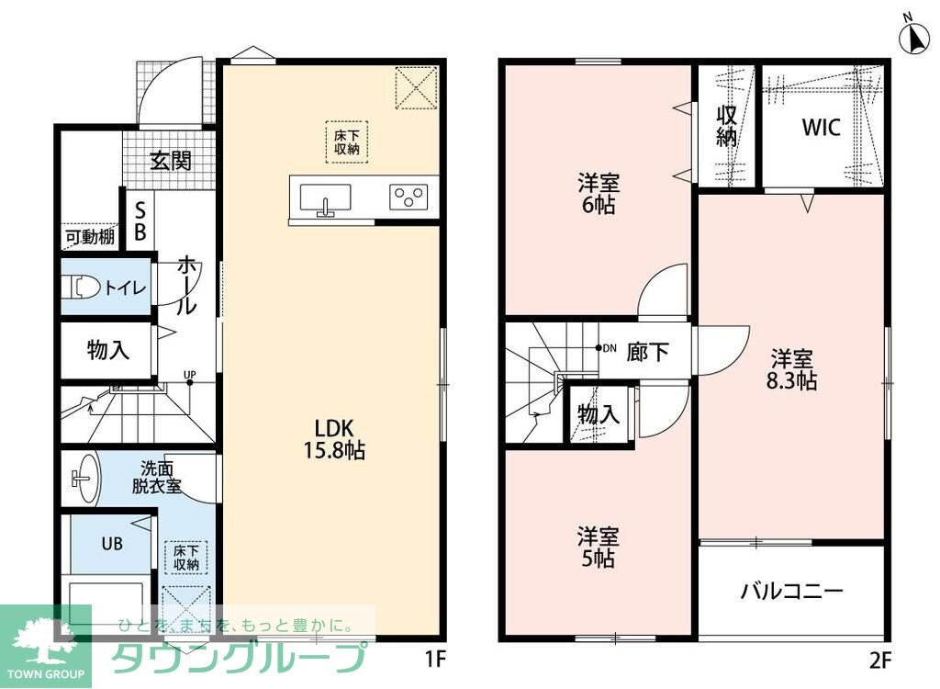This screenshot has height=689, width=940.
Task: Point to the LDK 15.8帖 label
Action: click(335, 439)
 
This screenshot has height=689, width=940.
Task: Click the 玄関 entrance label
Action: click(170, 161)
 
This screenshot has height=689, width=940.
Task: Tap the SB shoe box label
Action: click(140, 220)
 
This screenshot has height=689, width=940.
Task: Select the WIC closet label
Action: click(822, 128)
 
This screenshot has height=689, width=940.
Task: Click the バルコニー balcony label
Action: click(792, 592)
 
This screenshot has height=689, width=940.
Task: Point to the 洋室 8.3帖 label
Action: click(791, 369)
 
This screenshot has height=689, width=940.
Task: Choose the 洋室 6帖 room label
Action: click(599, 194)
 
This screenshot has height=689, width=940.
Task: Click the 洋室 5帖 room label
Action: click(599, 547)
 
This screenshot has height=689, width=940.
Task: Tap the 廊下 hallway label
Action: click(647, 351)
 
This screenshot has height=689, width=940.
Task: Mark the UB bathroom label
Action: click(112, 544)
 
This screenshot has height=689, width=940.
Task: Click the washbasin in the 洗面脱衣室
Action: click(87, 479)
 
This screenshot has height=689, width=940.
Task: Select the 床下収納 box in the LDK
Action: click(346, 142)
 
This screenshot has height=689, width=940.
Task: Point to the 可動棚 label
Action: click(90, 236)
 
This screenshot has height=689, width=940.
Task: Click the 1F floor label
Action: click(436, 660)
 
